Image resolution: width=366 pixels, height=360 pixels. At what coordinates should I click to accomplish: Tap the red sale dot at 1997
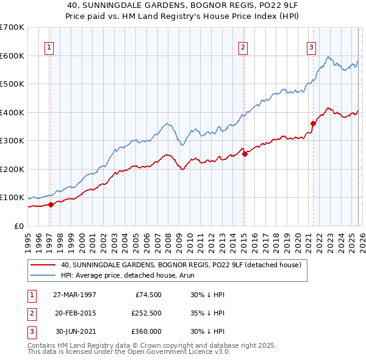[x=51, y=204]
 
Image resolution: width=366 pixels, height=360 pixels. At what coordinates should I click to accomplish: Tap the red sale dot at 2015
[x=245, y=154]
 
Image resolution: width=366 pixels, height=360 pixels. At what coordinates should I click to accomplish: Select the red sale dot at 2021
[x=313, y=123]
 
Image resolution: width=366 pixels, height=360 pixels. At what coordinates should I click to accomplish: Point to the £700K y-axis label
[x=12, y=27]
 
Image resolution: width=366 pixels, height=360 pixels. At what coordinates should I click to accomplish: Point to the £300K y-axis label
[x=12, y=141]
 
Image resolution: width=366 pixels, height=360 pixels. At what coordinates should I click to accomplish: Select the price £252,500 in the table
[x=146, y=313]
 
